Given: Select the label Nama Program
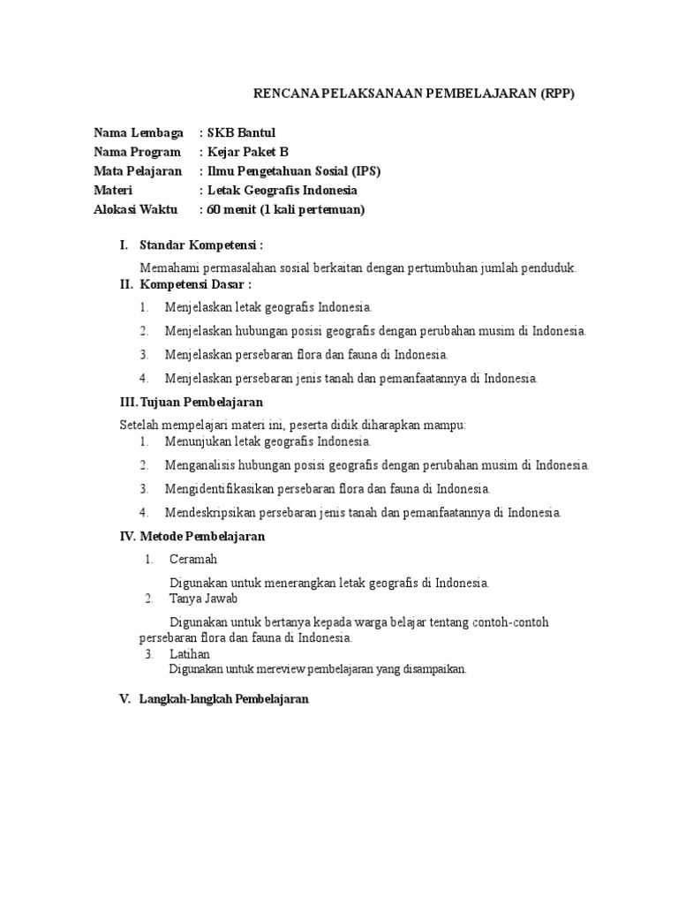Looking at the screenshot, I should (137, 152).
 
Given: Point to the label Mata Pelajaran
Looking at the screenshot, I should (138, 171).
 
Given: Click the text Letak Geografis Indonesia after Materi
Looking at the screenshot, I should (282, 190).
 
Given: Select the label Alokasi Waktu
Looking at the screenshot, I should (135, 209).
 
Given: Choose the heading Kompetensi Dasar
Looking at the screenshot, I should (196, 284).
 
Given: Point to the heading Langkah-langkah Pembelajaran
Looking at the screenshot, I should (224, 698).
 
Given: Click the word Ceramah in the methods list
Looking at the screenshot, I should (193, 559).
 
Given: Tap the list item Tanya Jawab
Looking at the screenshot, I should (203, 599).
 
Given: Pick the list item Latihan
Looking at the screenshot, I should (190, 653).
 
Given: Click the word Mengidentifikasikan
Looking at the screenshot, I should (217, 488).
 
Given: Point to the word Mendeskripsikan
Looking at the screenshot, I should (208, 512).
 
